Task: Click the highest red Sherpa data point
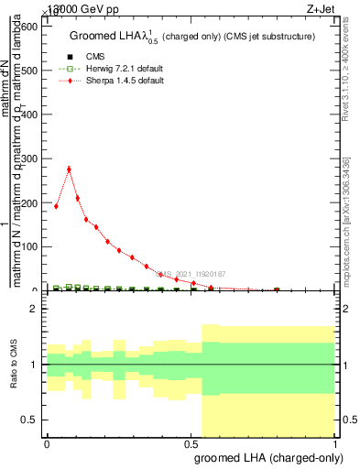[x=69, y=169]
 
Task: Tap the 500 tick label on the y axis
[x=28, y=71]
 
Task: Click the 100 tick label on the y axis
[x=28, y=246]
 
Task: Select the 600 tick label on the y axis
[x=28, y=27]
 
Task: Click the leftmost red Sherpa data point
[x=56, y=206]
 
